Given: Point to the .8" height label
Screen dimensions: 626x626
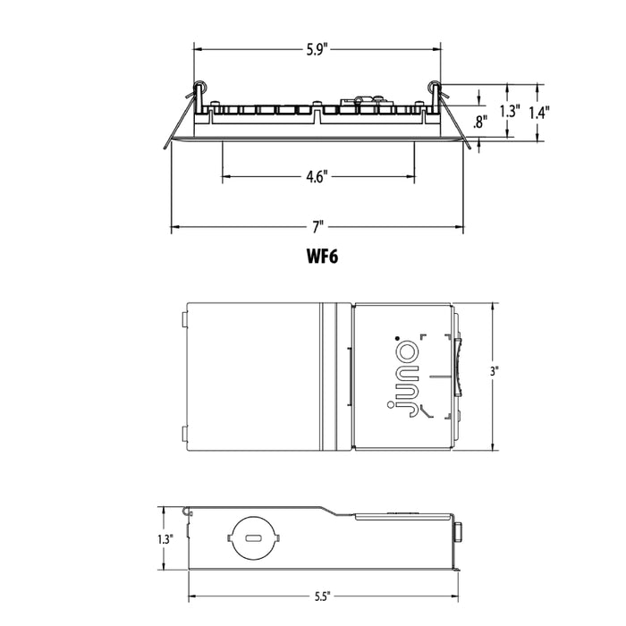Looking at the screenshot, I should (x=480, y=123).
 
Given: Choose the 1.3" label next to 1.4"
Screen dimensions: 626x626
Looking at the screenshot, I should (x=509, y=112).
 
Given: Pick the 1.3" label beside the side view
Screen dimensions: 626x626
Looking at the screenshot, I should (x=164, y=539).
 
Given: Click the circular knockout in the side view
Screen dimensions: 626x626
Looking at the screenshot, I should (x=253, y=540).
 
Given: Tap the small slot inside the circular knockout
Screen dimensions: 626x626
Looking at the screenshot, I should (x=253, y=539).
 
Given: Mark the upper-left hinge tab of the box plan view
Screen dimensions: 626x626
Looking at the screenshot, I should (x=183, y=318).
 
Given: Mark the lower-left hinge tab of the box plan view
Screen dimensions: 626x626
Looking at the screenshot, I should (x=183, y=435).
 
